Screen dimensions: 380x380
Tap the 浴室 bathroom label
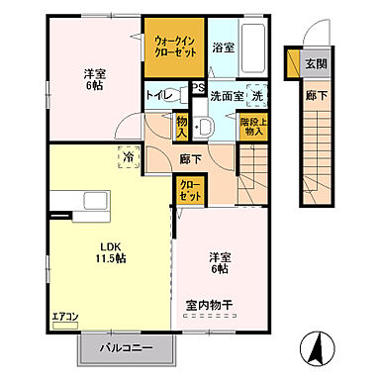coord(223,46)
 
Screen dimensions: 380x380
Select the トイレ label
coord(161,96)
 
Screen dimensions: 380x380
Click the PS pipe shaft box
coord(197,87)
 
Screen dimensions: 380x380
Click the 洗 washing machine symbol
coord(255,96)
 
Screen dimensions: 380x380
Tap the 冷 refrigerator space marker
coord(128,155)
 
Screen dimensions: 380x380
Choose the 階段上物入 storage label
coord(253,126)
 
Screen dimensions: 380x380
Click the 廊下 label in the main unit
coord(192,157)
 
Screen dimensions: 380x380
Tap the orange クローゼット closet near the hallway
coord(188,188)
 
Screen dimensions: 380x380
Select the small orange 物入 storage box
coord(181,126)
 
